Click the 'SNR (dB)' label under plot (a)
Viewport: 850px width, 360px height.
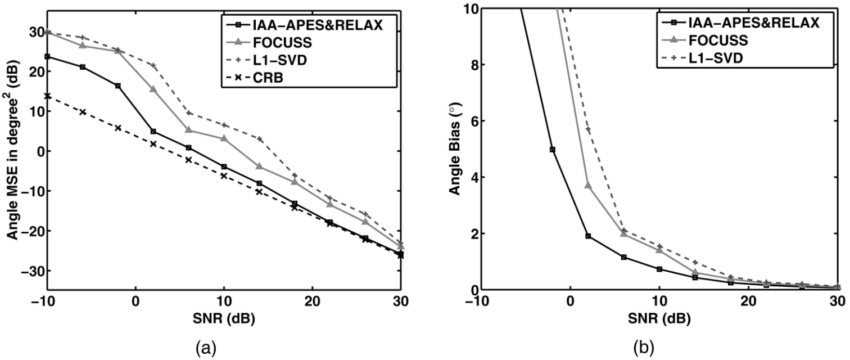click(224, 318)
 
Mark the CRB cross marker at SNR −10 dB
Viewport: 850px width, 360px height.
click(48, 96)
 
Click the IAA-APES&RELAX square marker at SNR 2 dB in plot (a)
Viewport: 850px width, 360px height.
click(153, 132)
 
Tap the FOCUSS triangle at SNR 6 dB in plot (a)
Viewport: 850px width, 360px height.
click(188, 130)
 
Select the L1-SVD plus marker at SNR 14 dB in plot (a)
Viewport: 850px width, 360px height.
click(259, 139)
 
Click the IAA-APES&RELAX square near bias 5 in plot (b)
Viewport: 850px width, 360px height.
click(553, 150)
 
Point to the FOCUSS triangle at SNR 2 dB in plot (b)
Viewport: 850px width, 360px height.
click(588, 185)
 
